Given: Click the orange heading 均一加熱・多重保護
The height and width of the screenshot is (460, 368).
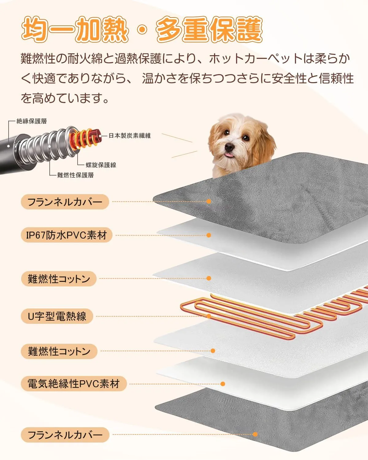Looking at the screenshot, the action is point(142,29).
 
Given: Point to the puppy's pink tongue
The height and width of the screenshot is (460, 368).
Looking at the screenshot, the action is point(229,154).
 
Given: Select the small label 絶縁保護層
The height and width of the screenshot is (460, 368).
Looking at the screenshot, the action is point(31,121).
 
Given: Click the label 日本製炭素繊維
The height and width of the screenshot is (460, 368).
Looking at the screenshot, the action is point(130,136).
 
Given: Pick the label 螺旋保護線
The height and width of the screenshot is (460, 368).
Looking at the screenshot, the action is point(101,165).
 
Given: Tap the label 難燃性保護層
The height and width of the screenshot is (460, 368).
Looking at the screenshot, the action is point(75,175).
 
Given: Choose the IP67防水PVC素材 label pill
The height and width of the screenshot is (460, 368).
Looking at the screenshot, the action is point(67,235).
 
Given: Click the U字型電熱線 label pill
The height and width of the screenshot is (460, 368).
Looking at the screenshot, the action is point(57,316).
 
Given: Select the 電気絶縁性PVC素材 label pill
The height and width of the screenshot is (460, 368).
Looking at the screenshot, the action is point(74,384).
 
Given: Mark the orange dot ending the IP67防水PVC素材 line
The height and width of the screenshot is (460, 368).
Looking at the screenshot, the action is point(209,235).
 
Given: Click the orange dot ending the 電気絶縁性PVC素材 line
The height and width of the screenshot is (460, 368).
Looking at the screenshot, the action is point(223,384).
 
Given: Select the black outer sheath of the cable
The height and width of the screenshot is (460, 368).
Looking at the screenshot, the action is point(9,154).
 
